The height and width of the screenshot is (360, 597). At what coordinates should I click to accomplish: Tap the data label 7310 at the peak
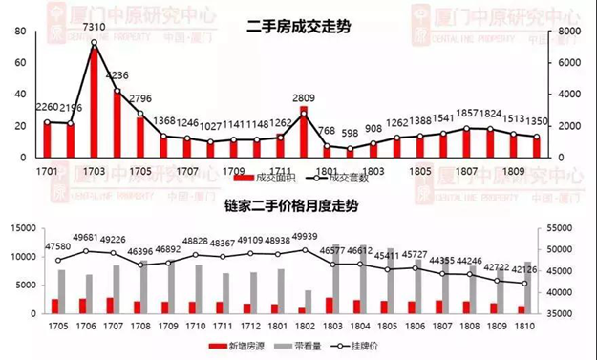94,28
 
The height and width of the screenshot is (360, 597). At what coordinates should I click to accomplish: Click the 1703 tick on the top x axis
94,171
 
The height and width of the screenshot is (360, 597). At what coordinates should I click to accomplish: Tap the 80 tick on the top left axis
19,32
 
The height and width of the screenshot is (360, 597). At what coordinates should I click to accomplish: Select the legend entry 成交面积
276,178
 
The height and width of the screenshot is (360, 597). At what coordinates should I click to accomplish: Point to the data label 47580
59,246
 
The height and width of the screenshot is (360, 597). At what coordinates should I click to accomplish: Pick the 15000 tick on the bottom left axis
25,228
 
